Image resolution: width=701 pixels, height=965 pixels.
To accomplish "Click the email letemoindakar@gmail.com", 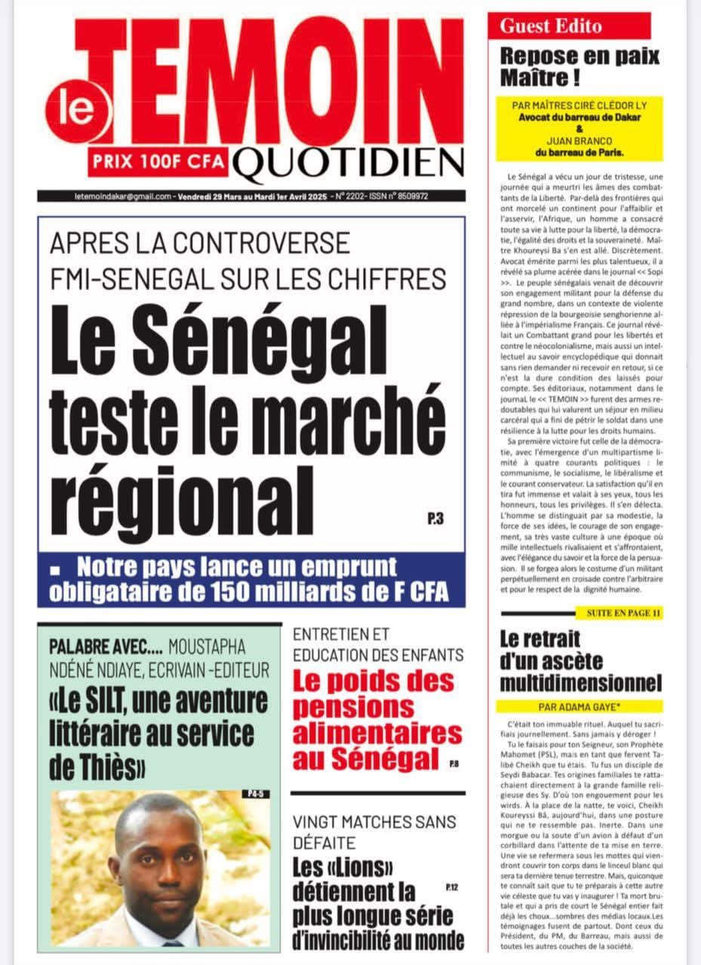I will pos(106,196).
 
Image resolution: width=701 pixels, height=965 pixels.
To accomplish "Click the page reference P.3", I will pos(434,519).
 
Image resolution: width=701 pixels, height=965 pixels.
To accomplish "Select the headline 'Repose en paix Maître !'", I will pos(580,66).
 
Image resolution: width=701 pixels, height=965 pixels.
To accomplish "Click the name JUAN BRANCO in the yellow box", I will pos(579,139).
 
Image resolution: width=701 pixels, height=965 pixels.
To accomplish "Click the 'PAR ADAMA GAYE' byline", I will pos(579,706).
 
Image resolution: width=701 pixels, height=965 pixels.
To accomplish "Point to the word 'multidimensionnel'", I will pos(580,683).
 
